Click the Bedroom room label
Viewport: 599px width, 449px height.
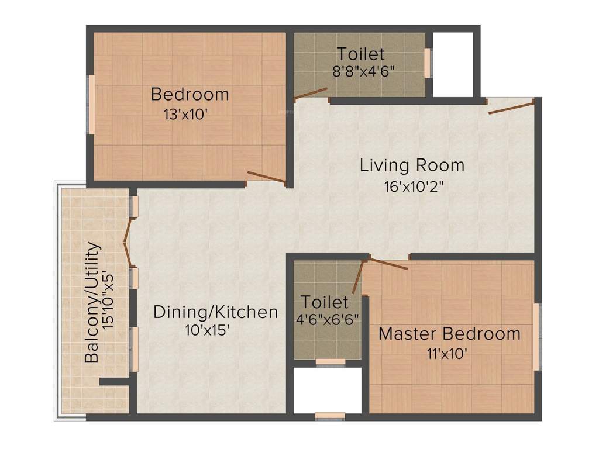[190, 94]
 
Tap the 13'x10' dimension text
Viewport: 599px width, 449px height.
[187, 113]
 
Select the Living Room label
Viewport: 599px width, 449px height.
[412, 165]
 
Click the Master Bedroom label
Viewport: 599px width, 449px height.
[449, 334]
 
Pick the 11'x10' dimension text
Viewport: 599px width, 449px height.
[447, 353]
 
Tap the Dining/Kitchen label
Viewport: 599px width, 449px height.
[215, 312]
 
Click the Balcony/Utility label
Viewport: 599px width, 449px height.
[92, 303]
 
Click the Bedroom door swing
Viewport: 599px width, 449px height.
[266, 178]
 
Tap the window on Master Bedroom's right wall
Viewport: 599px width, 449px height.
[536, 336]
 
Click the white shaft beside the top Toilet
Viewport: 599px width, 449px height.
[453, 64]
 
